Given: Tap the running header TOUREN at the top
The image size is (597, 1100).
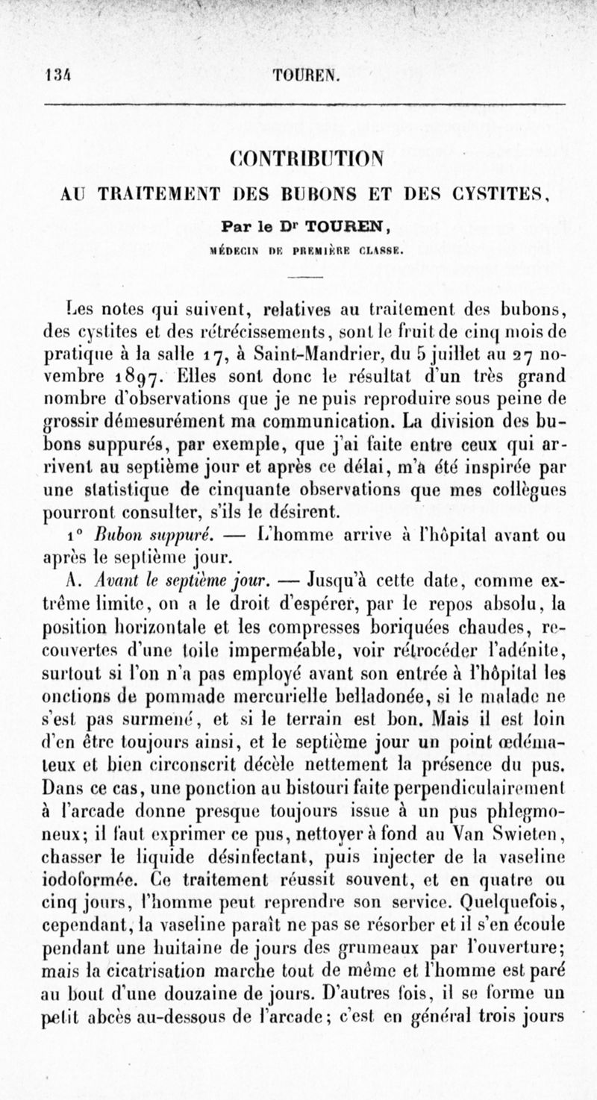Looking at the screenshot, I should (x=307, y=75).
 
